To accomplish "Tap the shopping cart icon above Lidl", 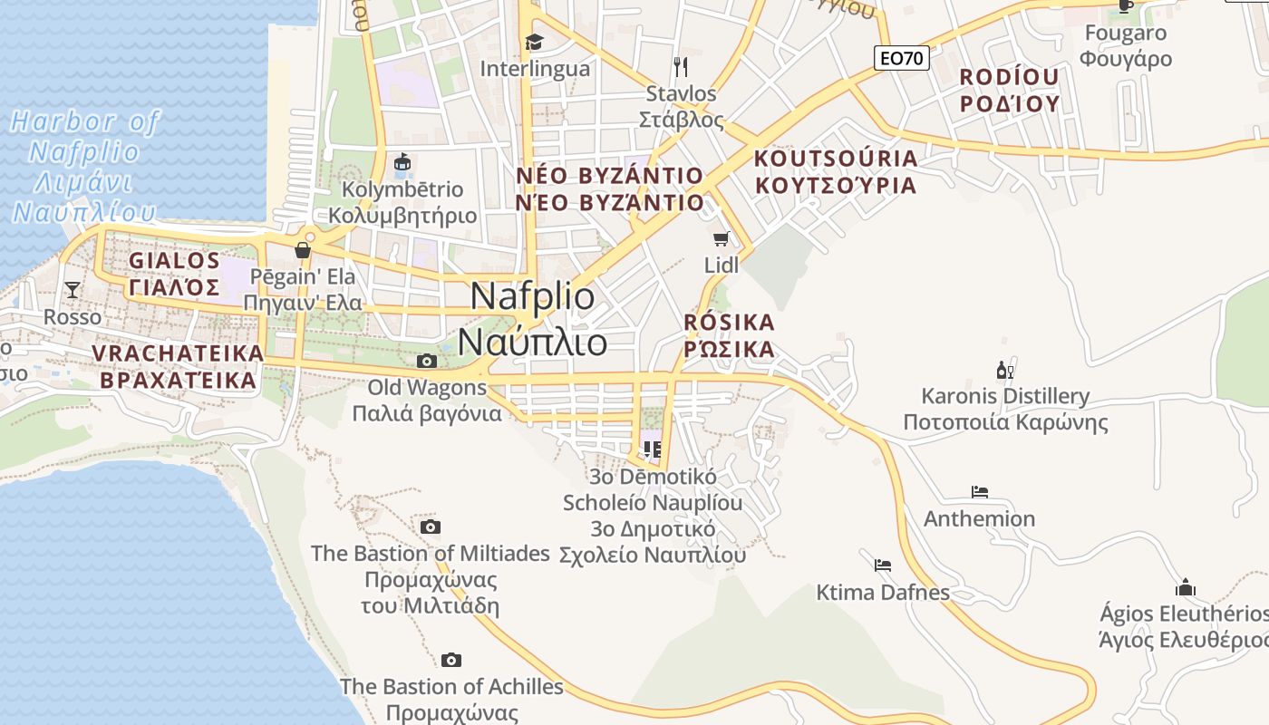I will tap(721, 239).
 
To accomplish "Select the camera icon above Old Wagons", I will tap(426, 361).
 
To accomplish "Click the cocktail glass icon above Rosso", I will tap(73, 290).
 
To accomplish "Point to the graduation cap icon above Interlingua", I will tap(534, 42).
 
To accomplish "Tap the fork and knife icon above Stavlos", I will tap(681, 66).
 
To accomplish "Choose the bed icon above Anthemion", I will tap(979, 492).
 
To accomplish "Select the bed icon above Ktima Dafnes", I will tap(883, 565).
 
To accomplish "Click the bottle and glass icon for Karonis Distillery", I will tap(1004, 370).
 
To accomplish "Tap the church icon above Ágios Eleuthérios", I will tap(1185, 587).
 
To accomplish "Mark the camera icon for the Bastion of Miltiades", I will tap(431, 527).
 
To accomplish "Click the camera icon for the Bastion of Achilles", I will tap(451, 660).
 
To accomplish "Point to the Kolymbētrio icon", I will tap(402, 164).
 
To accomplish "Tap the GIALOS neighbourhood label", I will tap(174, 274).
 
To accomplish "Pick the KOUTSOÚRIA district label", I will tap(836, 171).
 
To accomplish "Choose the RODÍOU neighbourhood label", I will tap(1010, 89).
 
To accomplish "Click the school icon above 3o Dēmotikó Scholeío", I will tap(651, 449).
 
